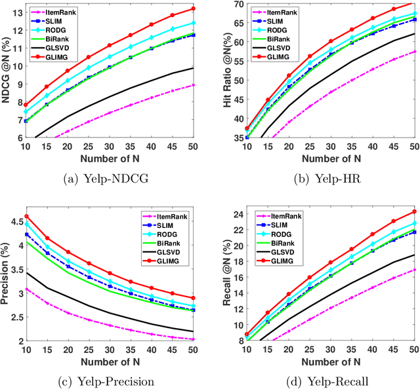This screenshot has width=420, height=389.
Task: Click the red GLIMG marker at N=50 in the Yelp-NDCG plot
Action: [x=193, y=9]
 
